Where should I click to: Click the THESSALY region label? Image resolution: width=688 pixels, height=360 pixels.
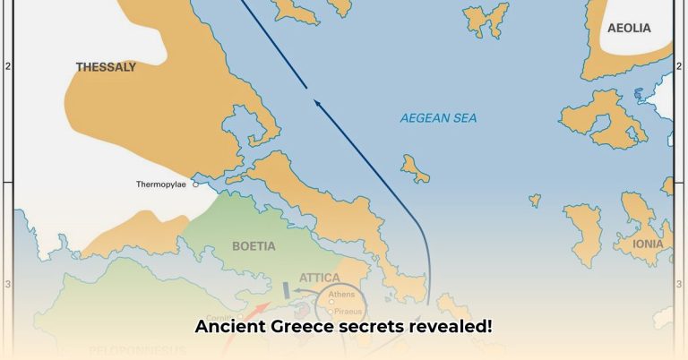[106, 66]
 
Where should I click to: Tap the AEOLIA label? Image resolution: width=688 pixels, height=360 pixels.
[629, 28]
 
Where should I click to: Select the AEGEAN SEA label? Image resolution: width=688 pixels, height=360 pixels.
[439, 118]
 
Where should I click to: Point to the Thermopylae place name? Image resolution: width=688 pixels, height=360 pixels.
[162, 184]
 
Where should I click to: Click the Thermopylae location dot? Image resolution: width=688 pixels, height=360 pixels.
[195, 184]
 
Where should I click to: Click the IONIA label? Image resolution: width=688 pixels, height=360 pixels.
[648, 244]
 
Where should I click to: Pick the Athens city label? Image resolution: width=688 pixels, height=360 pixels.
[342, 294]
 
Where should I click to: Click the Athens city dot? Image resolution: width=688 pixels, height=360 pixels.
[330, 302]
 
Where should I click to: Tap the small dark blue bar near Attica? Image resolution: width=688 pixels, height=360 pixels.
[286, 289]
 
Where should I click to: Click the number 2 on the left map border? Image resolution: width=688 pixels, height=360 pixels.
[9, 65]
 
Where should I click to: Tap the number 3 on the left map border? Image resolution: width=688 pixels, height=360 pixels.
[9, 284]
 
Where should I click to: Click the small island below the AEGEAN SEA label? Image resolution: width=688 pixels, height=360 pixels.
[415, 167]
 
